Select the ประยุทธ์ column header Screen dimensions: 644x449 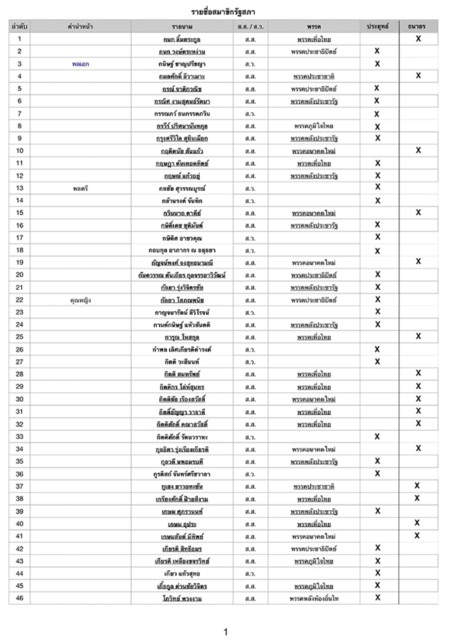pos(377,26)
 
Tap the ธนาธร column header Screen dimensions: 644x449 pos(418,26)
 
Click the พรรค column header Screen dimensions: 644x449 pos(314,26)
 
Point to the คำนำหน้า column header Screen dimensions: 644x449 pos(80,26)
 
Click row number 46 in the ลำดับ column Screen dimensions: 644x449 pos(19,598)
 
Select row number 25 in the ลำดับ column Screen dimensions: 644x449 pos(19,337)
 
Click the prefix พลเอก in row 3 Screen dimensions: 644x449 pos(80,63)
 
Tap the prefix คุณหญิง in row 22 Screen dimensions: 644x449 pos(80,300)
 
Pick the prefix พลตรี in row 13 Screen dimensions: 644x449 pos(80,188)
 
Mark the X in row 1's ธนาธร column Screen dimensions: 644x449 pos(418,38)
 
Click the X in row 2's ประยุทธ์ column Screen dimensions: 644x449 pos(377,51)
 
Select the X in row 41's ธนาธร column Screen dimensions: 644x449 pos(418,536)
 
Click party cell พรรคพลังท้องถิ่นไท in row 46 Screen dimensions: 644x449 pos(314,598)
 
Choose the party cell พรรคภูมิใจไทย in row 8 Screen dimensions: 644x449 pos(314,125)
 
